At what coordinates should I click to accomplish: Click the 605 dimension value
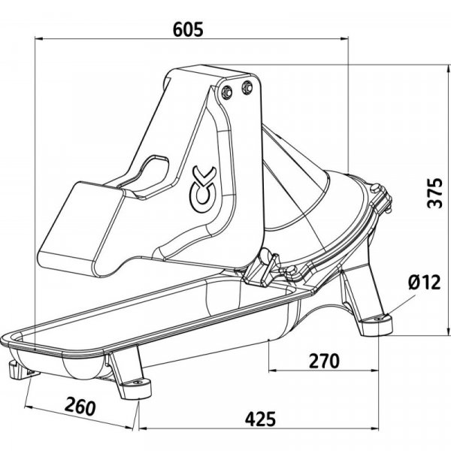(188, 29)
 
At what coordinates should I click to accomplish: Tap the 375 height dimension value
(434, 192)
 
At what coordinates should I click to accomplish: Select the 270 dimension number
(324, 361)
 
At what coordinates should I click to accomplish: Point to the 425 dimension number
(260, 419)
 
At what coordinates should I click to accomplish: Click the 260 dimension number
(80, 406)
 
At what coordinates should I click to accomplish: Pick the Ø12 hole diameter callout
(424, 282)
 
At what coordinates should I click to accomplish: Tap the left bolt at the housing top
(226, 92)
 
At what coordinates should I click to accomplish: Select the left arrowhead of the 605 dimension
(39, 38)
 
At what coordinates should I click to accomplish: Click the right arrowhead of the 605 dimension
(344, 38)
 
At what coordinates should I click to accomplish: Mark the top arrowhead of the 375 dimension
(448, 69)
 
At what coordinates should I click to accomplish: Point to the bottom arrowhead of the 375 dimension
(448, 331)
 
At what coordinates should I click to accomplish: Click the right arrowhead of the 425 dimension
(374, 428)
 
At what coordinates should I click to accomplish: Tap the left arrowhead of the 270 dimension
(273, 370)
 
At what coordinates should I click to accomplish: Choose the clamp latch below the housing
(260, 268)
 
